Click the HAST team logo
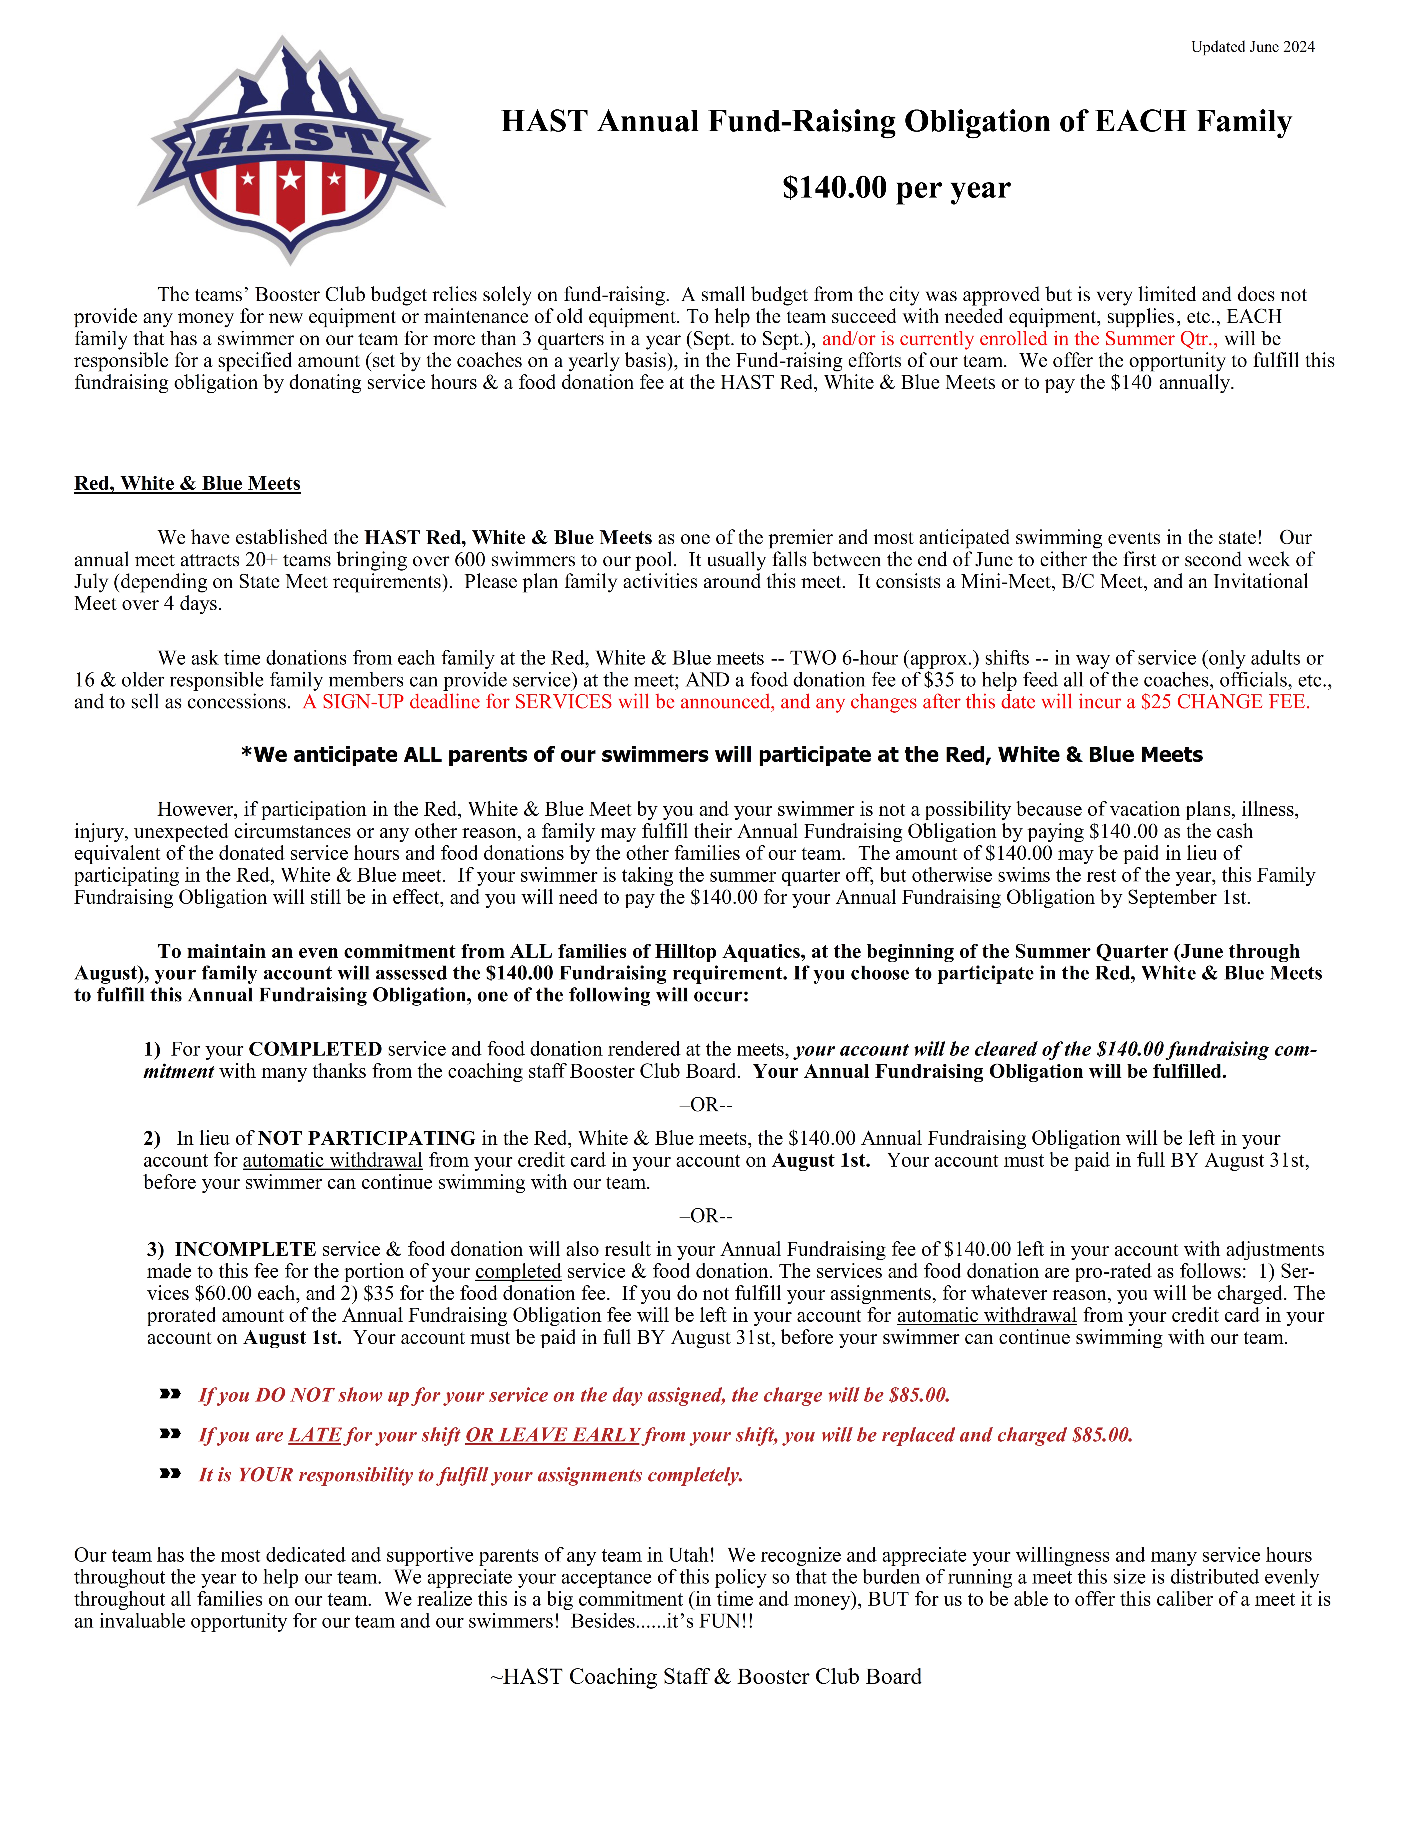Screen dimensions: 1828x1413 point(290,151)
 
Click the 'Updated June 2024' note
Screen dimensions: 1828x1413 point(1252,47)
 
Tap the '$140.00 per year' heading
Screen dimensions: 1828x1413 point(896,188)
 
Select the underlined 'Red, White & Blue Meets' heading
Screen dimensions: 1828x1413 point(188,484)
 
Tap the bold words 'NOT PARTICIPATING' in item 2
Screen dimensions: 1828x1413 point(367,1138)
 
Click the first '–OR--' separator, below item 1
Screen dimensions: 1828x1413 point(706,1105)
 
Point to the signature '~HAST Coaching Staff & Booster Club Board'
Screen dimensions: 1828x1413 point(706,1676)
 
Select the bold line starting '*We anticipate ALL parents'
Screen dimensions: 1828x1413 point(721,755)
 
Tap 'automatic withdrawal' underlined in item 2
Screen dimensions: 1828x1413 point(332,1161)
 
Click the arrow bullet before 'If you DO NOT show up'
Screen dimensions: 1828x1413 point(170,1395)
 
